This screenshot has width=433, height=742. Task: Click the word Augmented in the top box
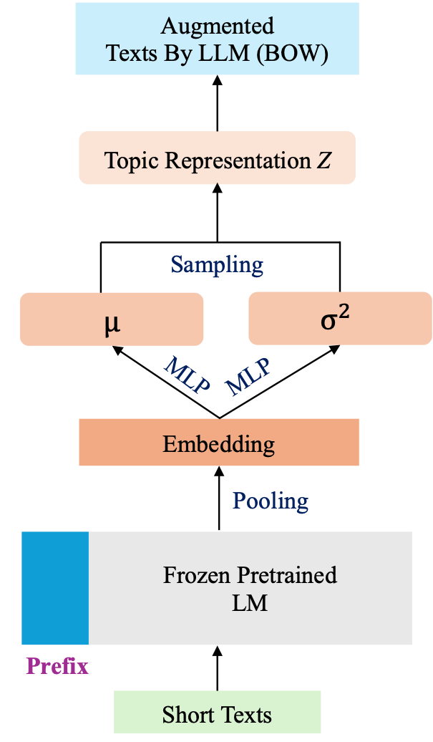click(x=217, y=26)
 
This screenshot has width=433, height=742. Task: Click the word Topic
click(x=127, y=160)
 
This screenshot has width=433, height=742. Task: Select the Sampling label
click(x=217, y=264)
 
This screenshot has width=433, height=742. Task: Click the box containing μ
click(x=112, y=319)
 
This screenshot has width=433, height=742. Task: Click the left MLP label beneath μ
click(x=187, y=375)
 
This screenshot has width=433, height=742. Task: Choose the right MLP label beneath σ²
click(x=248, y=377)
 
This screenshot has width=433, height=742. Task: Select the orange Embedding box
click(x=218, y=443)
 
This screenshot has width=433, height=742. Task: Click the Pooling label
click(x=271, y=500)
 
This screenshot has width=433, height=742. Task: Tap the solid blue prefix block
click(x=55, y=588)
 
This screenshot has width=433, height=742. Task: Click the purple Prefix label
click(x=57, y=666)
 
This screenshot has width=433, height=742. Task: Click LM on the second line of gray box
click(x=250, y=603)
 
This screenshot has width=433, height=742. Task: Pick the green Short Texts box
click(x=217, y=714)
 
